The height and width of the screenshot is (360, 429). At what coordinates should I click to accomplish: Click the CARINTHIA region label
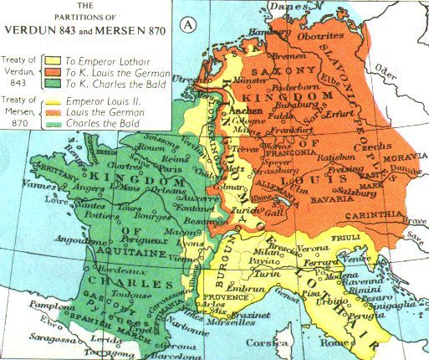coord(393,215)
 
